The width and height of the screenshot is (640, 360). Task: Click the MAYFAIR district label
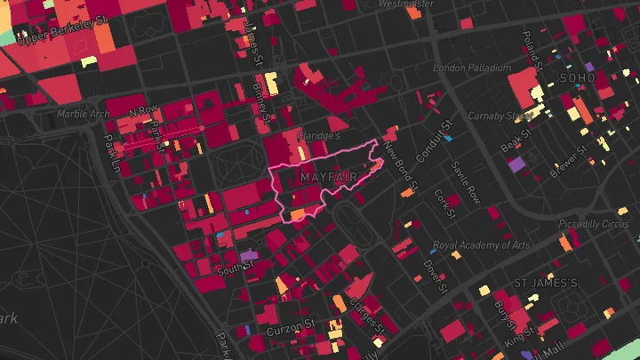click(x=329, y=178)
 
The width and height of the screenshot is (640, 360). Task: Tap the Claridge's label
click(x=321, y=135)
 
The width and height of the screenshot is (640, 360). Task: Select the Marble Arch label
click(x=82, y=114)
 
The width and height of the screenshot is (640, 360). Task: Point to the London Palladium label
click(x=472, y=68)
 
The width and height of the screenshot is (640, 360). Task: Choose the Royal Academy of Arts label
click(x=481, y=245)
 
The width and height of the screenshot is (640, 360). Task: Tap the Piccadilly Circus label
click(x=593, y=223)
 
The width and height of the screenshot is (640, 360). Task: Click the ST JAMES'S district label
click(x=546, y=283)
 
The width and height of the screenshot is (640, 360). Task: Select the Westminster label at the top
click(x=405, y=4)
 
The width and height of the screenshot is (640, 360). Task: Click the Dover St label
click(x=435, y=272)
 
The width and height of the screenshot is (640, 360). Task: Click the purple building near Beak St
click(x=516, y=164)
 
